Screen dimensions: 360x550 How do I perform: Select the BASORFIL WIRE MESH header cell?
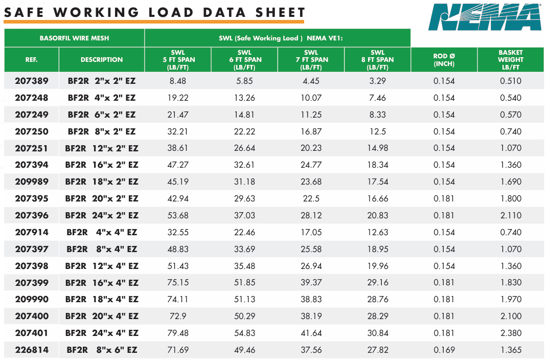74,38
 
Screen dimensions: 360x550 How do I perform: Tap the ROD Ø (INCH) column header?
444,60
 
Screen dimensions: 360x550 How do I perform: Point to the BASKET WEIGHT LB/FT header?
511,60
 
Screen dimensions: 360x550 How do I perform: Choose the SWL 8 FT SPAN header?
377,60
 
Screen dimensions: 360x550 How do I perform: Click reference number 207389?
32,81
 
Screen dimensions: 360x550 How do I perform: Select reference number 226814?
32,350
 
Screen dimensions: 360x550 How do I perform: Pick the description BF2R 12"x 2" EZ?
102,148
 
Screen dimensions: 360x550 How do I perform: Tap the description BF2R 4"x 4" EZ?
102,232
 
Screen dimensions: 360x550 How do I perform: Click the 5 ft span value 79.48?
178,333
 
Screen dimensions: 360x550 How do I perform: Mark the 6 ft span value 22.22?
244,131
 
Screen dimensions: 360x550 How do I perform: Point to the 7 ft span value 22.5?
311,198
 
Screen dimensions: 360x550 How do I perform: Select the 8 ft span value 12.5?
377,131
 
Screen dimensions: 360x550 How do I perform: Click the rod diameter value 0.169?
444,350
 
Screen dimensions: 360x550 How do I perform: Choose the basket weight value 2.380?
511,333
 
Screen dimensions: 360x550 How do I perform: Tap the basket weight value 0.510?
511,81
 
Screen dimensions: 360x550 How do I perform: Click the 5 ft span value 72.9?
178,316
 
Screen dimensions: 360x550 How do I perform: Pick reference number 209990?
32,299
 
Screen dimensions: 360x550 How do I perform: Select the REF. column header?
32,60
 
